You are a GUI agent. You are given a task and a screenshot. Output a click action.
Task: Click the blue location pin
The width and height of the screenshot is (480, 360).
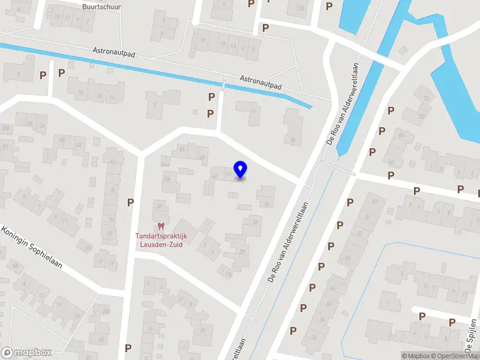click(241, 170)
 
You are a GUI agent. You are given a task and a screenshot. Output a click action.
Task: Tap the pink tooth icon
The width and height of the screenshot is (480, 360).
click(160, 226)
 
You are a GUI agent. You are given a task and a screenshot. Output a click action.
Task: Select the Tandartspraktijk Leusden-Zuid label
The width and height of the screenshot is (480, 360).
click(160, 239)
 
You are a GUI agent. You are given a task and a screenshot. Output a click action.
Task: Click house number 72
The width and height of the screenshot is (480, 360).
click(427, 98)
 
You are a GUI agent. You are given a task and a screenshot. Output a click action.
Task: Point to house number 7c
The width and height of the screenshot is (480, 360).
click(112, 97)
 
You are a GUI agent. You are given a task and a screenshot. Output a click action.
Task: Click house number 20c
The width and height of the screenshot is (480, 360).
click(106, 311)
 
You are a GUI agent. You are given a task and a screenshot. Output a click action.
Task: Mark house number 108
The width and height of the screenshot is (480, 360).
click(299, 8)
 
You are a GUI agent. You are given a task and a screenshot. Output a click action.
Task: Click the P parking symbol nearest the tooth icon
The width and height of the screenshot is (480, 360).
click(130, 203)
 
